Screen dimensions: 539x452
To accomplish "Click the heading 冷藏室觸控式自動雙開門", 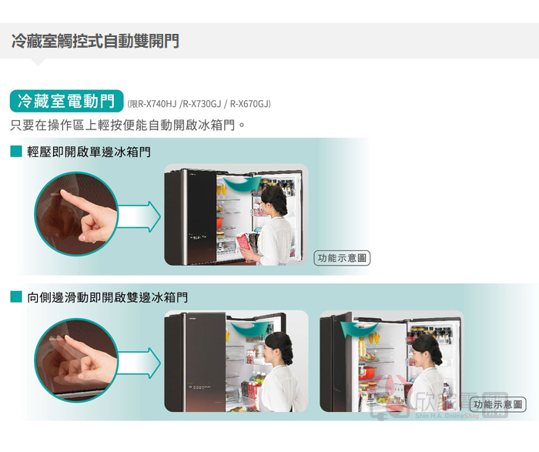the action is [x=95, y=41].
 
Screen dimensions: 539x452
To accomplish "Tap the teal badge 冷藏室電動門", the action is [x=66, y=101].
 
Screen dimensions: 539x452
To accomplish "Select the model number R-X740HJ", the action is [x=157, y=104].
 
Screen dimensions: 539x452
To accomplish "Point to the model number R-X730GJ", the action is [x=202, y=104].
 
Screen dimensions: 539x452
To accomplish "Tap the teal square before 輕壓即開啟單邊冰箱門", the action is [x=16, y=151].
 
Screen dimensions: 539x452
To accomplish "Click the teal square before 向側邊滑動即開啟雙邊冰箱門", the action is [x=16, y=296].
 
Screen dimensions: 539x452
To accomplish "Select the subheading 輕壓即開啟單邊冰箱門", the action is [x=89, y=152].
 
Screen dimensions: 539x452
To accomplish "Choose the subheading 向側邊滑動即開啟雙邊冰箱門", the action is [x=107, y=297].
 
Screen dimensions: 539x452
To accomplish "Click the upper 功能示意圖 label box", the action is [x=342, y=258].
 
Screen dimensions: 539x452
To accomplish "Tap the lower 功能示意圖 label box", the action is [x=497, y=404].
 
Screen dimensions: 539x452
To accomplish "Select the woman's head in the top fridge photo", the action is [x=273, y=201].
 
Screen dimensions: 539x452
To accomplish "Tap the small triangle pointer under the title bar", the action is [x=38, y=62].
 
